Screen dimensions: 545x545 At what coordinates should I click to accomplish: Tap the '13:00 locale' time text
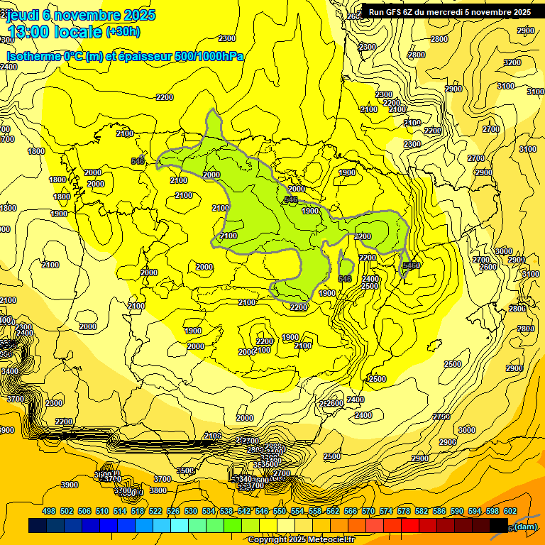click(x=55, y=32)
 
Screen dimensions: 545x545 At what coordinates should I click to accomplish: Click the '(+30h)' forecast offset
click(x=123, y=32)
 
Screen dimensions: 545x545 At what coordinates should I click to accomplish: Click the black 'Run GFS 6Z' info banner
click(x=450, y=12)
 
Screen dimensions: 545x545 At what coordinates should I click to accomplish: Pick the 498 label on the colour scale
click(x=49, y=511)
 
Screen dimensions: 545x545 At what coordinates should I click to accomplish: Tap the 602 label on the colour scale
click(x=510, y=511)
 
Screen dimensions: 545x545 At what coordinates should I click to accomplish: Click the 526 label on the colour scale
click(x=173, y=511)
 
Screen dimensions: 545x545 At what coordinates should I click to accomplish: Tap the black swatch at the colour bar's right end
click(x=500, y=526)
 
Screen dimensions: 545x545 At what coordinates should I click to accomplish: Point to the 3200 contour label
click(x=512, y=62)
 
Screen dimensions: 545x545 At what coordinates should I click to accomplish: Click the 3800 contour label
click(x=158, y=490)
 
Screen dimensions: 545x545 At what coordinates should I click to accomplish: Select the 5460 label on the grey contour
click(x=411, y=265)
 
